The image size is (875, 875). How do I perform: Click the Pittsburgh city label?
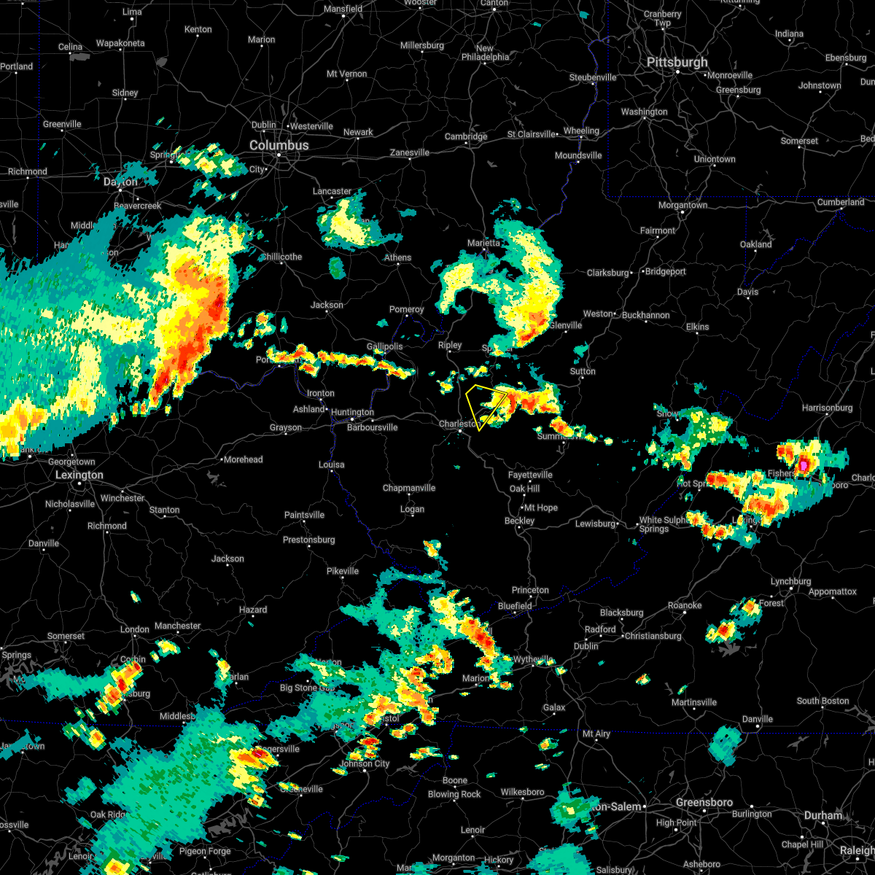coord(677,63)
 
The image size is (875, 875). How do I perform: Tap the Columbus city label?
coord(279,146)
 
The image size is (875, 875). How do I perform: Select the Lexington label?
coord(79,475)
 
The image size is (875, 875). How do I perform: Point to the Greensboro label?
coord(704,803)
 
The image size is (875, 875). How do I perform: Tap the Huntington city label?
coord(352,413)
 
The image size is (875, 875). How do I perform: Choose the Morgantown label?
coord(682,206)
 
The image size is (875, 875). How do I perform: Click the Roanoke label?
coord(685,606)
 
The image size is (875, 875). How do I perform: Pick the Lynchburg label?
coord(790,582)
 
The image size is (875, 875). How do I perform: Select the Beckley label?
coord(519,521)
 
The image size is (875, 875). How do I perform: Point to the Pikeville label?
coord(342,571)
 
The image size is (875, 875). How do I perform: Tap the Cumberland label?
coord(840,202)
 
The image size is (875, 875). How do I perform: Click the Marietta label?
coord(484,244)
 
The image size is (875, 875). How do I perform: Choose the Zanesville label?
coord(410,153)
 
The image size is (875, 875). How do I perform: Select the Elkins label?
coord(697,327)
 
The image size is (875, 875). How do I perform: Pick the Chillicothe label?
coord(281,257)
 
